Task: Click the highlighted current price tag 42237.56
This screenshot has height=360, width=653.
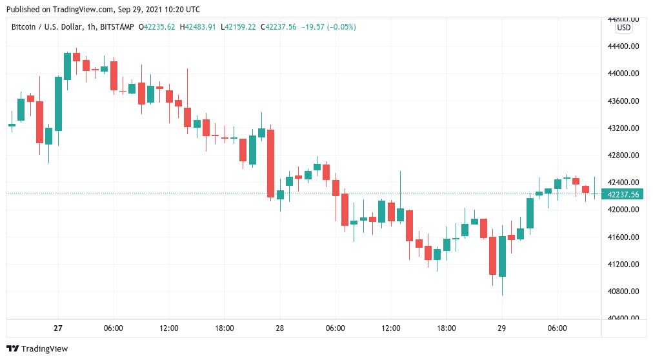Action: (622, 194)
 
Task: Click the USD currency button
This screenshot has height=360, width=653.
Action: (624, 28)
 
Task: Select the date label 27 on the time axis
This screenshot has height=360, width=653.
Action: (58, 328)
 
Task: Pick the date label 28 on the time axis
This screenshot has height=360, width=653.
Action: (280, 328)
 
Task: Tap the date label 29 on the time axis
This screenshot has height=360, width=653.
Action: (501, 328)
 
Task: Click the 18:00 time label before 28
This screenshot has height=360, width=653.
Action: (225, 328)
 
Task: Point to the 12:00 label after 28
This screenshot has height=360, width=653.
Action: (391, 328)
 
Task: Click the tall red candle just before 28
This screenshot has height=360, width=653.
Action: (271, 163)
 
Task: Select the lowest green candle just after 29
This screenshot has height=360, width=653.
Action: (502, 256)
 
